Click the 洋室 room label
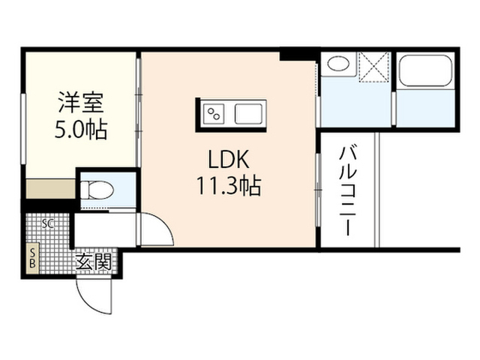click(x=81, y=102)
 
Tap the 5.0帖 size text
click(x=81, y=130)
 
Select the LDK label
click(x=229, y=159)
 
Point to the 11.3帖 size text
click(x=229, y=185)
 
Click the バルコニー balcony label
click(x=348, y=191)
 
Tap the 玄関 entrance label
click(x=93, y=262)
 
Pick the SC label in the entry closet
click(x=48, y=223)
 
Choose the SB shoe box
click(x=32, y=258)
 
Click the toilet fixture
click(x=97, y=190)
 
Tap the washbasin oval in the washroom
click(x=338, y=64)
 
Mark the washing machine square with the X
click(x=374, y=67)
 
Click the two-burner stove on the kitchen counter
click(x=213, y=114)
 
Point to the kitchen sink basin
click(x=248, y=114)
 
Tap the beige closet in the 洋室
click(x=50, y=188)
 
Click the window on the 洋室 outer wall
click(x=23, y=129)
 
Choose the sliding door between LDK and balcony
click(x=318, y=190)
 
